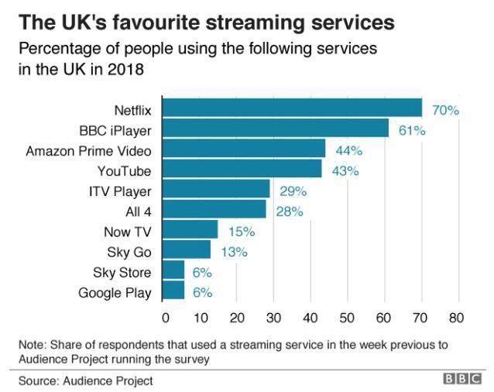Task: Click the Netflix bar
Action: pos(293,108)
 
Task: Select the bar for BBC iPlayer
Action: pos(276,129)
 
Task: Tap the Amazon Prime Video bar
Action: pos(245,149)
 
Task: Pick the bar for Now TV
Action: pos(191,230)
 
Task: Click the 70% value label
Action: pos(445,110)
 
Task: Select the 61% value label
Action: pos(412,130)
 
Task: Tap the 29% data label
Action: pos(293,191)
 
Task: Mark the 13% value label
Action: pos(233,251)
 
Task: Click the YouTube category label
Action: pos(124,170)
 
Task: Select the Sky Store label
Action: pos(122,271)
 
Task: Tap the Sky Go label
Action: pos(129,251)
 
